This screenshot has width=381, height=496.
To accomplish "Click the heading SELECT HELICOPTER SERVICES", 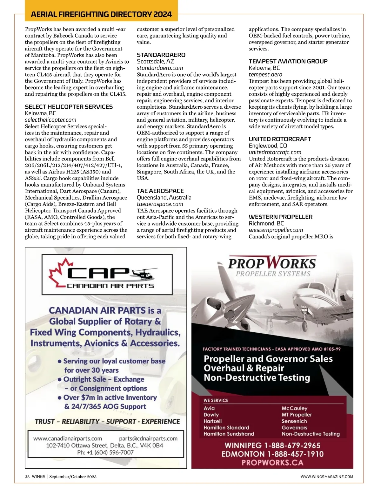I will click(x=69, y=107).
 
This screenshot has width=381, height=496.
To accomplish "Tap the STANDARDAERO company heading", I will click(x=161, y=55).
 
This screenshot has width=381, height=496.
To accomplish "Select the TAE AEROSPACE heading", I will click(x=160, y=191).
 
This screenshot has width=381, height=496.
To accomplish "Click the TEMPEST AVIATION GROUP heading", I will click(x=288, y=61).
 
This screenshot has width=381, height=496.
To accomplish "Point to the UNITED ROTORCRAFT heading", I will click(x=280, y=139).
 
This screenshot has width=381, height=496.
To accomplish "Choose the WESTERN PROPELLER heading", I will click(x=280, y=217).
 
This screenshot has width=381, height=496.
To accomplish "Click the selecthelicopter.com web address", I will click(x=50, y=120).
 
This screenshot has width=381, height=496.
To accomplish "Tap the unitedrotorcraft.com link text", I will click(x=275, y=152).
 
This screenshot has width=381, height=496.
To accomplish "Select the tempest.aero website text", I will click(x=265, y=74).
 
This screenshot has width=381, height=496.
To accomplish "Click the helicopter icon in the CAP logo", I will click(x=143, y=273).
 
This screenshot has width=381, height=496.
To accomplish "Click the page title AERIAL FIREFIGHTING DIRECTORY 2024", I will click(x=101, y=14).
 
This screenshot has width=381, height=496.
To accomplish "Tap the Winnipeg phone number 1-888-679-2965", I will click(x=291, y=445).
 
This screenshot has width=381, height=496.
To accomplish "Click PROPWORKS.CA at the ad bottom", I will click(x=272, y=463).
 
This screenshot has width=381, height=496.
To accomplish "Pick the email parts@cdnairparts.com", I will click(x=148, y=438).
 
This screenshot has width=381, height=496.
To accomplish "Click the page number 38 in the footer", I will click(x=27, y=477).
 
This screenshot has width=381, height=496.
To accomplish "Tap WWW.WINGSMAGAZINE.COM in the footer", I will click(x=327, y=477).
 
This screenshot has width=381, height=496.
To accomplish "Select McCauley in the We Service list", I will click(x=294, y=408).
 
